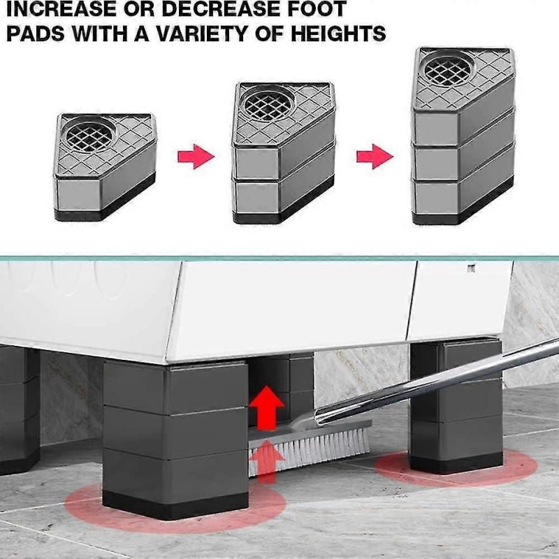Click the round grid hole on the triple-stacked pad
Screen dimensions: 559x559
pyautogui.click(x=447, y=69)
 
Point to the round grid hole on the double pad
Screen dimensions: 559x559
pyautogui.click(x=265, y=102)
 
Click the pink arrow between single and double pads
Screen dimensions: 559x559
pyautogui.click(x=194, y=156)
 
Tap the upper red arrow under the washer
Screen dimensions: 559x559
pyautogui.click(x=266, y=409)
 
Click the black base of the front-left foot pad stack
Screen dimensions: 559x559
pyautogui.click(x=175, y=501)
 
